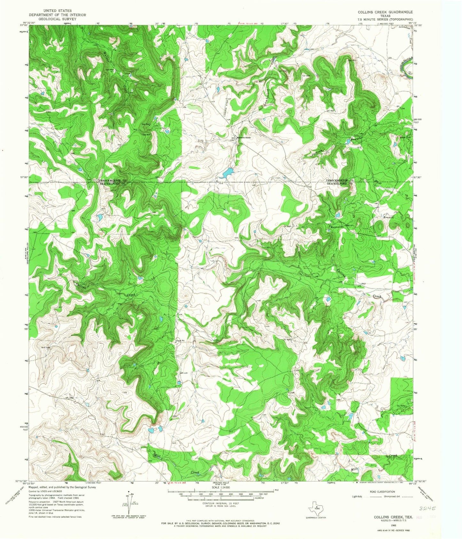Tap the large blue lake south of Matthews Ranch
[228, 173]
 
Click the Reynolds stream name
[337, 227]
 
